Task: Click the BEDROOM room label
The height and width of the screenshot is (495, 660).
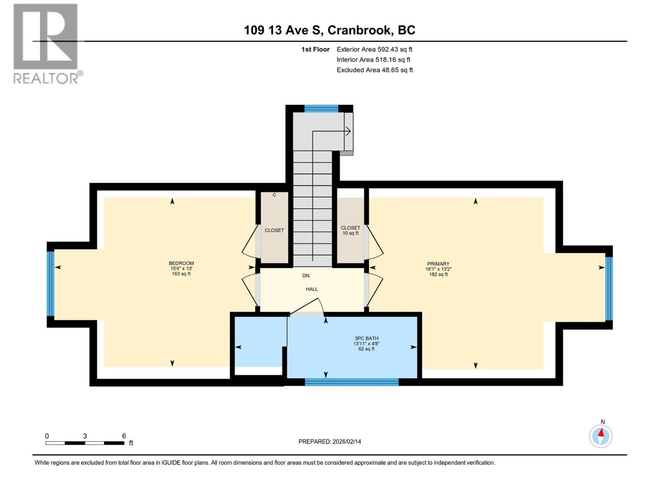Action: [181, 263]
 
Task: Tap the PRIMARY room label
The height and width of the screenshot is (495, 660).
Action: [438, 264]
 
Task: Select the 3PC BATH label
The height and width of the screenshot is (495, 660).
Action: [366, 339]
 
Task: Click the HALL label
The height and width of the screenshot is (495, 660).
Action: [312, 289]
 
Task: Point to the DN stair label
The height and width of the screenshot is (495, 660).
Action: [306, 276]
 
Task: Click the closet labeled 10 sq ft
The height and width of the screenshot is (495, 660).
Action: [350, 230]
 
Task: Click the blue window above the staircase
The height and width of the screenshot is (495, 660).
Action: [321, 109]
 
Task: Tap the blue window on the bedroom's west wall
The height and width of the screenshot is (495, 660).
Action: [50, 283]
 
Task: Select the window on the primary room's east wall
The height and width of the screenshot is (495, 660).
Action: [609, 288]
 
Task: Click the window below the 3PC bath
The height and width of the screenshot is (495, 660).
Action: [351, 382]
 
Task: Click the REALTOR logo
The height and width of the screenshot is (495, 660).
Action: [46, 43]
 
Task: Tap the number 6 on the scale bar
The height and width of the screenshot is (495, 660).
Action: [124, 436]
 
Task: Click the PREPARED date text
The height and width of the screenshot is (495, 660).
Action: [330, 441]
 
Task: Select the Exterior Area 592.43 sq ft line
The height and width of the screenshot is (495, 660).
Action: [374, 49]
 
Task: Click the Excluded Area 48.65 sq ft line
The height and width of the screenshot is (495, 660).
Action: [374, 70]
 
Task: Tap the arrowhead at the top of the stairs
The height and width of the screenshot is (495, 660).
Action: [349, 132]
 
